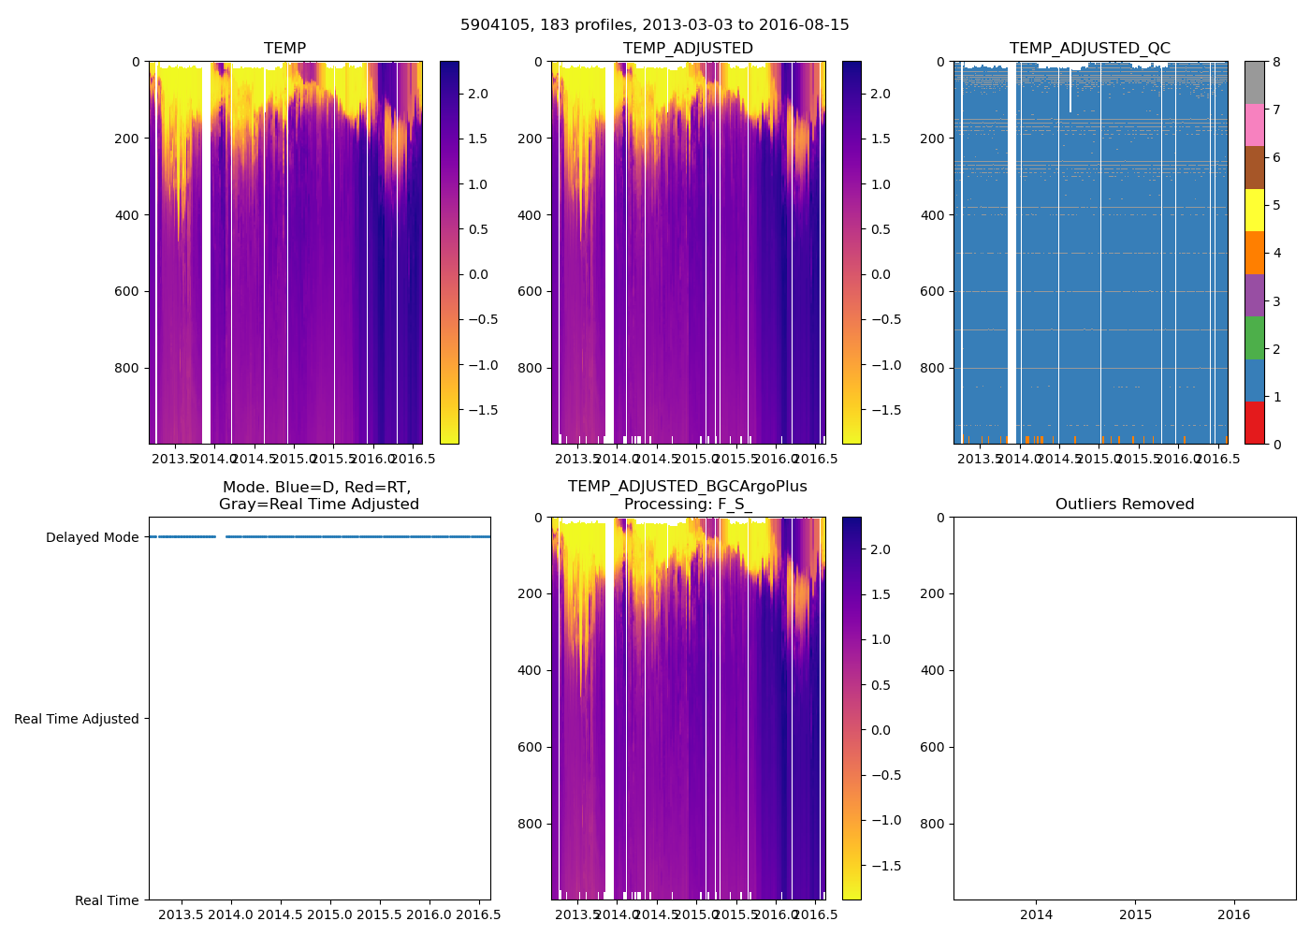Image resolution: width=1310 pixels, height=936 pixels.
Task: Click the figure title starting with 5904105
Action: pos(654,25)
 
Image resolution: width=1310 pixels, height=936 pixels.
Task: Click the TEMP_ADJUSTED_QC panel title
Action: pos(1089,49)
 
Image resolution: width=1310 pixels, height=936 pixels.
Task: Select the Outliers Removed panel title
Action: pos(1124,505)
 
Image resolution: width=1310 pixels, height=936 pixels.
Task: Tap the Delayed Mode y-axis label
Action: pos(92,537)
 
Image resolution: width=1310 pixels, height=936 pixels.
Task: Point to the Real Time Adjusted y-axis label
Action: pos(77,719)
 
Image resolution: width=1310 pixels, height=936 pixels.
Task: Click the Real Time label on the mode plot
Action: pos(107,900)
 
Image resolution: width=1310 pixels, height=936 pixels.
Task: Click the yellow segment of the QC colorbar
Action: pos(1255,211)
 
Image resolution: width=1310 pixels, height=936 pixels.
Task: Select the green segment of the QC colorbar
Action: pos(1255,338)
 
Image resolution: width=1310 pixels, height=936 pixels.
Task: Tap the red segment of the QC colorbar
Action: pos(1255,423)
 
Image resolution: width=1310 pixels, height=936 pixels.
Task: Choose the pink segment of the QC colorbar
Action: pos(1255,125)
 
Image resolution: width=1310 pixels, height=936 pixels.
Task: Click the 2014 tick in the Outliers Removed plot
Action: pos(1036,914)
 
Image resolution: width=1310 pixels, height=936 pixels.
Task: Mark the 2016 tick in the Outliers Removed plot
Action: pos(1233,914)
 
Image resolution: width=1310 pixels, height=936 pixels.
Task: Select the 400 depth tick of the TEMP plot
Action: pos(128,215)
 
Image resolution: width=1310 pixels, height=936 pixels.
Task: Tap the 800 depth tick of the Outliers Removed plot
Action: pos(933,824)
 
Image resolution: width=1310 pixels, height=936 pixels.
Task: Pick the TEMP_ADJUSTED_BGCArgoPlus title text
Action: pos(687,487)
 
